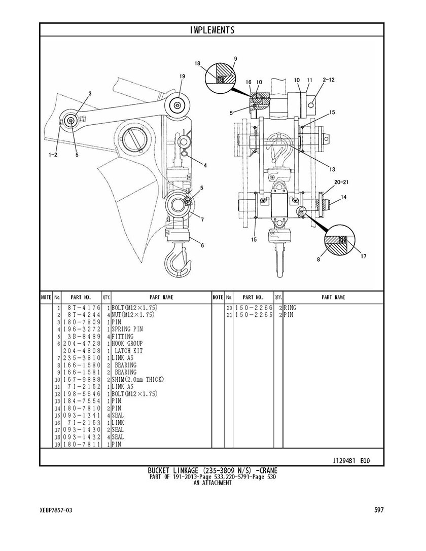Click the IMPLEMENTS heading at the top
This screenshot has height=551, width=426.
212,30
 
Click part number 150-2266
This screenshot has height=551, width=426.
254,308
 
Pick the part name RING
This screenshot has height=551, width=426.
290,308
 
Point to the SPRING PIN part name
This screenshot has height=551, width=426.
127,329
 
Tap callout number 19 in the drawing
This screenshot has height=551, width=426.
182,76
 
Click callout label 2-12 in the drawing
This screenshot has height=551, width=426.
329,80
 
